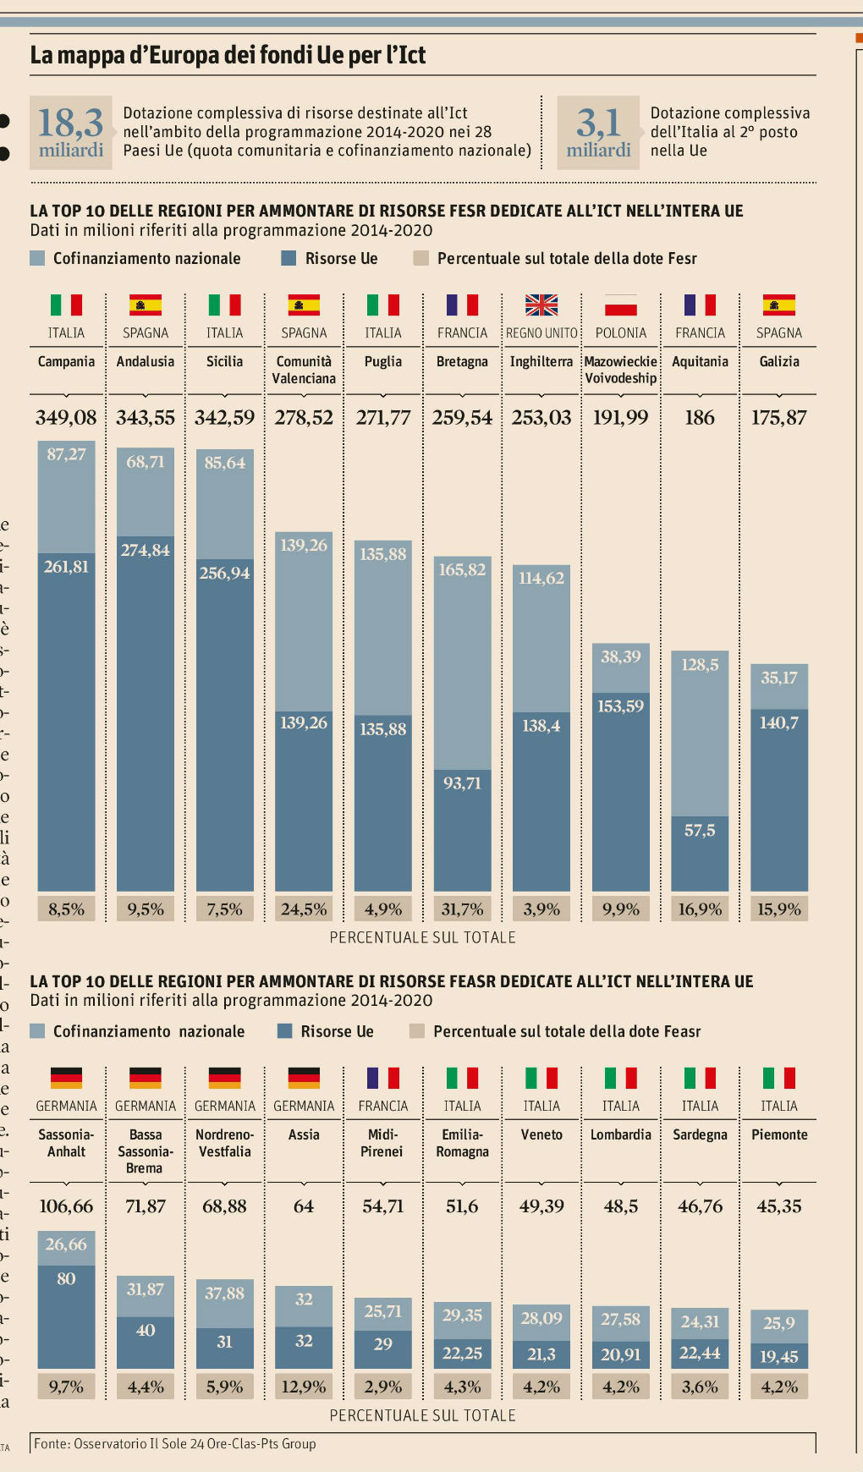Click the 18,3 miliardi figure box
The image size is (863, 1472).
coord(71,132)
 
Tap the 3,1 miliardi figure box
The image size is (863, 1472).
coord(598,132)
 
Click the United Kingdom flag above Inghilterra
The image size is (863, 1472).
coord(541,305)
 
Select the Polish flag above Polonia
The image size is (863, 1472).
coord(620,305)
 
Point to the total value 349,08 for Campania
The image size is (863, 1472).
coord(66,417)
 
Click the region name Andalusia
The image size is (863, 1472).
coord(146,361)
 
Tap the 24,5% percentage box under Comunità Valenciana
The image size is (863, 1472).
coord(304,909)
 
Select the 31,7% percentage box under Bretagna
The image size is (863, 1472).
coord(462,909)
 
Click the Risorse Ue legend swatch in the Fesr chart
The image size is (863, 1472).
coord(289,259)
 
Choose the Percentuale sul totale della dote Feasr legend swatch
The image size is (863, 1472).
coord(416,1031)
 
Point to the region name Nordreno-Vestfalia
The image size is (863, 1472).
coord(224,1143)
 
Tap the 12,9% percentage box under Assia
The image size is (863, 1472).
coord(304,1387)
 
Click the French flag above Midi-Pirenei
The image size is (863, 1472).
coord(382,1078)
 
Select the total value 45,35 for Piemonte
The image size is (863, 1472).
coord(779,1206)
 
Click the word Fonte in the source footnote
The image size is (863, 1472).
coord(52,1444)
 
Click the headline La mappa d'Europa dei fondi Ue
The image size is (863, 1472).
coord(228,55)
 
